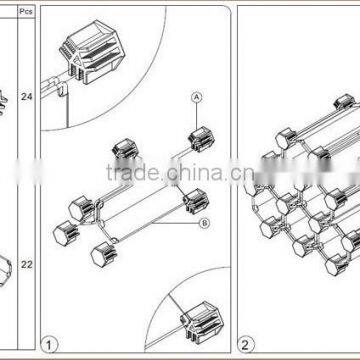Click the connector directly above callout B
point(194,204)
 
